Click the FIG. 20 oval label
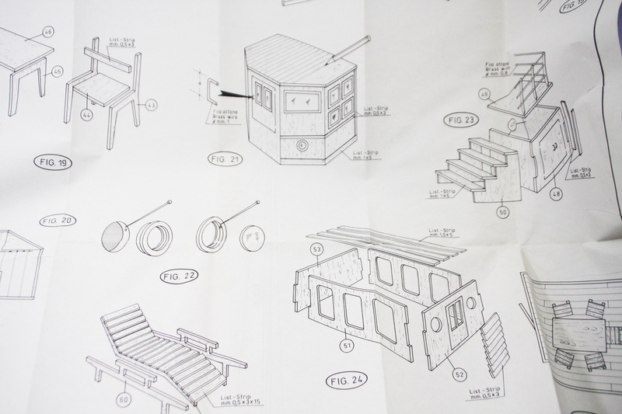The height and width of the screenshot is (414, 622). point(58,221)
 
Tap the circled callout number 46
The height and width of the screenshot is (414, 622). point(48,32)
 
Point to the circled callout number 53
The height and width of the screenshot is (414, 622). point(316,249)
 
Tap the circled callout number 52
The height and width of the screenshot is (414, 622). point(460,374)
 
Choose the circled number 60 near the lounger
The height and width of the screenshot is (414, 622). point(122,399)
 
